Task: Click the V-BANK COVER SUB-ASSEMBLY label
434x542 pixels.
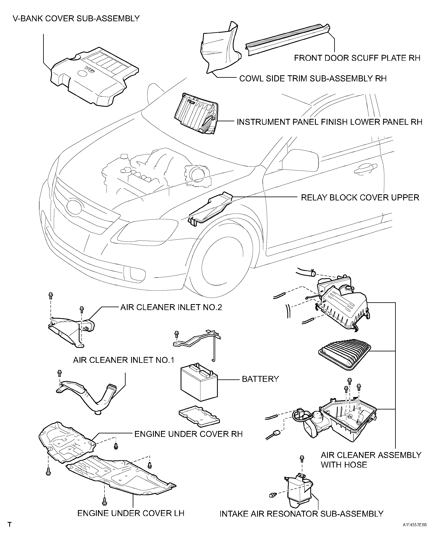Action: click(x=76, y=19)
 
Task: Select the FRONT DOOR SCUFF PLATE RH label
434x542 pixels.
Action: click(x=357, y=58)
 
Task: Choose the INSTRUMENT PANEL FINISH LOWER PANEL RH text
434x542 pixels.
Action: click(x=329, y=122)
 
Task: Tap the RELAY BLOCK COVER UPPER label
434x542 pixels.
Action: click(x=360, y=198)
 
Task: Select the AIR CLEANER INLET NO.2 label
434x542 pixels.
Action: click(x=171, y=307)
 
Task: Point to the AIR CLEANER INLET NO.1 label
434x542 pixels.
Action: click(x=124, y=360)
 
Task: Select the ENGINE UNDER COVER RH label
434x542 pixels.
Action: click(x=188, y=434)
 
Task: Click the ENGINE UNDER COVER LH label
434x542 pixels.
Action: click(x=131, y=513)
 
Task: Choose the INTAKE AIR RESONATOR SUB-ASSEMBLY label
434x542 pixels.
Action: click(x=301, y=514)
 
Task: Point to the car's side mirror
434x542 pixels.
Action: click(x=300, y=160)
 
